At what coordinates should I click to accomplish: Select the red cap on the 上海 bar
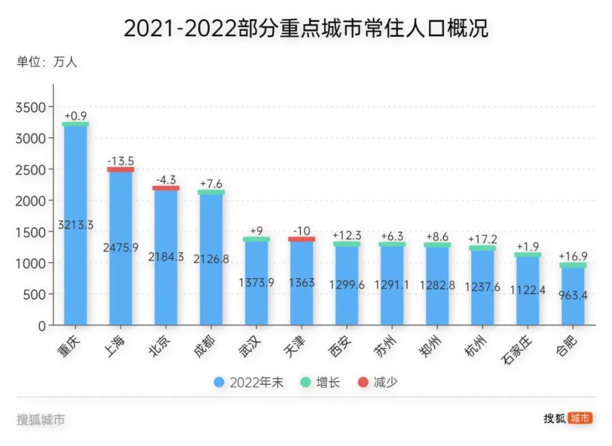point(121,169)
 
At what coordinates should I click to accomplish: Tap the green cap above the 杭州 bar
point(482,248)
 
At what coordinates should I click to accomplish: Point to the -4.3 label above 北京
point(165,180)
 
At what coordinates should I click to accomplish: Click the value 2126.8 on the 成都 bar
point(211,259)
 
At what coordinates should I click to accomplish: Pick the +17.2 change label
point(482,239)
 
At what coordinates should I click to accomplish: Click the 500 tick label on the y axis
point(37,294)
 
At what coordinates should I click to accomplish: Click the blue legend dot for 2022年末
point(219,382)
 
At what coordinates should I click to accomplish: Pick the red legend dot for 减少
point(363,382)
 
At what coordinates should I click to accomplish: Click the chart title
point(306,28)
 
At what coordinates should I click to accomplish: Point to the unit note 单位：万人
point(46,62)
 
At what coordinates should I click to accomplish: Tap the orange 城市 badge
point(580,418)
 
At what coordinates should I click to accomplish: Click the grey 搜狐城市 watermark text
point(40,420)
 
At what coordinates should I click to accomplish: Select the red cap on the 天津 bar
point(301,239)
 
